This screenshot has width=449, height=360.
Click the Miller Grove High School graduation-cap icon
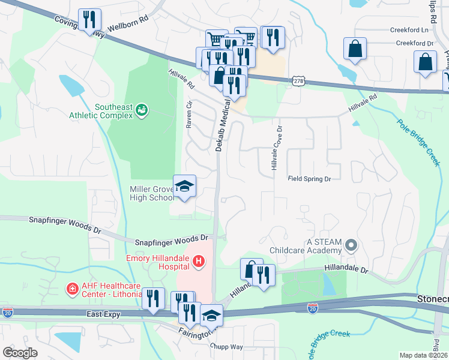pos(184,186)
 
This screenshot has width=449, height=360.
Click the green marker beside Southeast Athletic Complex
pos(142,110)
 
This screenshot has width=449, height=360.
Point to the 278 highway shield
pos(298,80)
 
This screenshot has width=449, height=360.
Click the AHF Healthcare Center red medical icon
pos(72,290)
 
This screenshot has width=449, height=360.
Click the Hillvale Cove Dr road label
pos(276,148)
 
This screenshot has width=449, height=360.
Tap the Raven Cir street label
pos(189,114)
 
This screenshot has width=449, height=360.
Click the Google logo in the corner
pos(20,352)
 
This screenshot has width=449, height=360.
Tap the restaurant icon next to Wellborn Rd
pos(89,20)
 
